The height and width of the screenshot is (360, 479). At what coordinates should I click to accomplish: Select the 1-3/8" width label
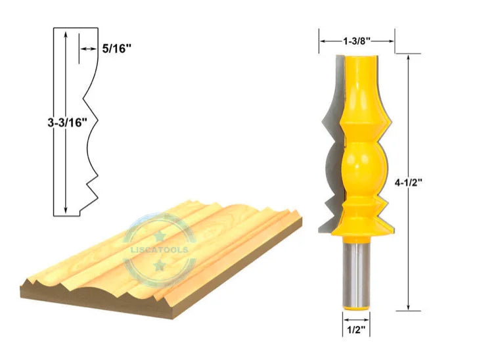click(x=357, y=41)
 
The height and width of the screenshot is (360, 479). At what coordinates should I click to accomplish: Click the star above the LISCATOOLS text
click(x=160, y=235)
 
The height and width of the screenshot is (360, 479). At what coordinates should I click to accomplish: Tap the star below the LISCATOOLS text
click(x=160, y=265)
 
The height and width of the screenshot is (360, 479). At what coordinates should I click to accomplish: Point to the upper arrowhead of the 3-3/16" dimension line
click(x=66, y=35)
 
